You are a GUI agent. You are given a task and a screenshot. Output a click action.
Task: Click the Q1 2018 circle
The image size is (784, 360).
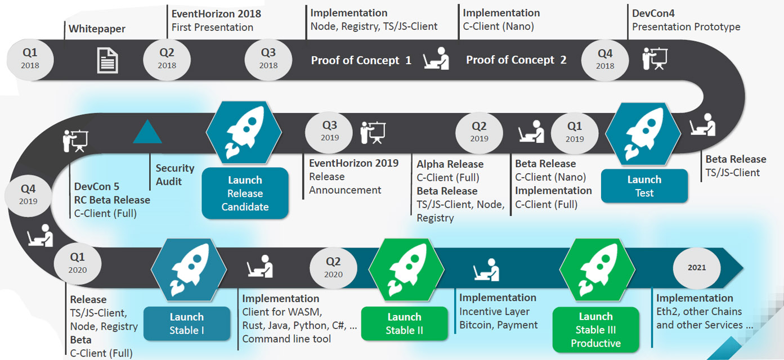(30, 58)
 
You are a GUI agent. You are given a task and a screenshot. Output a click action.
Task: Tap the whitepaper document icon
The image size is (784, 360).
(108, 60)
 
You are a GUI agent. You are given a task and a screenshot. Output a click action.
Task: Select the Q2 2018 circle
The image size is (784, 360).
(167, 58)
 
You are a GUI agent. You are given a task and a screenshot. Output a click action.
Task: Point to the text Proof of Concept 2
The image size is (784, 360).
(516, 60)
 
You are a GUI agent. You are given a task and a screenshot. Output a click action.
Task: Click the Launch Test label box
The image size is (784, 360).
(644, 186)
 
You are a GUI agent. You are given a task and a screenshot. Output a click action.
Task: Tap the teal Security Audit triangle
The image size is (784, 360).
(147, 133)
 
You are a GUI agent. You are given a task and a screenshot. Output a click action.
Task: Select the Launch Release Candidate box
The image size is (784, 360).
(245, 193)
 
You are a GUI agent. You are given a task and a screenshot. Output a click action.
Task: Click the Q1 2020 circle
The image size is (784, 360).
(78, 263)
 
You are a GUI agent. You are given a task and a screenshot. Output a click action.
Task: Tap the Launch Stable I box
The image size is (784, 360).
(187, 323)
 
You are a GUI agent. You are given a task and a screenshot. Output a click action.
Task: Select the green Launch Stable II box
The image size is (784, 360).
(404, 323)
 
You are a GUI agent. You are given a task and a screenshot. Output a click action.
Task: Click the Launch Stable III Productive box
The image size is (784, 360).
(595, 330)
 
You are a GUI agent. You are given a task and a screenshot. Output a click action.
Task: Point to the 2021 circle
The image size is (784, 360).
(697, 268)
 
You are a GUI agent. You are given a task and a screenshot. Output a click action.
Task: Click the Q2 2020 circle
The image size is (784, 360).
(333, 267)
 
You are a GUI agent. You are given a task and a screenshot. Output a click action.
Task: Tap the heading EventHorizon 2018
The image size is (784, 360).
(216, 13)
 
